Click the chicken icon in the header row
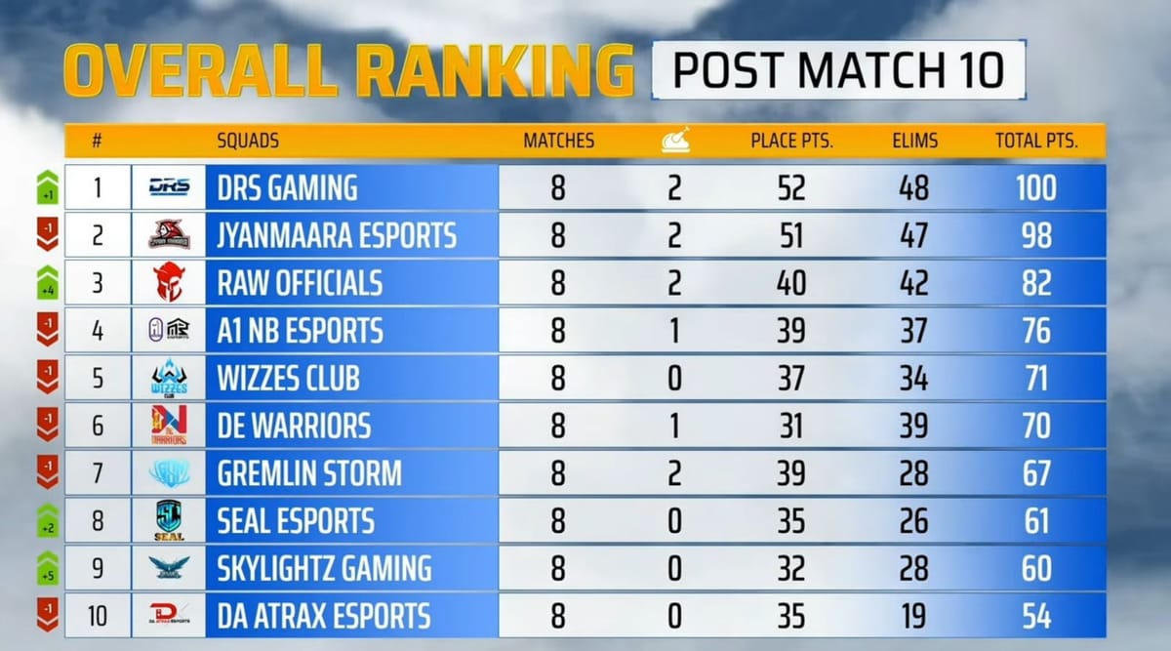point(674,141)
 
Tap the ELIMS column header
point(913,141)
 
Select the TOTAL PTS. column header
point(1036,141)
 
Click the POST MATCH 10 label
point(838,69)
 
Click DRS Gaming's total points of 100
point(1035,187)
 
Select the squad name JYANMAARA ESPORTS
point(337,235)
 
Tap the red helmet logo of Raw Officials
point(169,283)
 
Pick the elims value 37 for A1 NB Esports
point(913,331)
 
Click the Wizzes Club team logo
point(169,379)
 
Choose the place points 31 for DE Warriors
point(791,427)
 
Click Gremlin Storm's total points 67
point(1035,474)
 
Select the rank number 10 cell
point(98,617)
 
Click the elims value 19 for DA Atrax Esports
point(913,617)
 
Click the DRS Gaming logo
point(169,187)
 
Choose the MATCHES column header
point(558,141)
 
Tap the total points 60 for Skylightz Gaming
point(1035,569)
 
